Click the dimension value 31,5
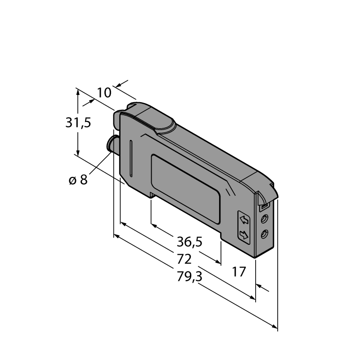[78, 122]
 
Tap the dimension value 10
[104, 93]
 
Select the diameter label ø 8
[78, 180]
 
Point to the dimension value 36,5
[189, 242]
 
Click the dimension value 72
[184, 259]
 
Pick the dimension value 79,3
[189, 276]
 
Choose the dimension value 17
[239, 272]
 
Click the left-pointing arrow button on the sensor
[244, 220]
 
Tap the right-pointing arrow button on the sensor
[243, 234]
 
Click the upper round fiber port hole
[265, 219]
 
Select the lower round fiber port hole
[265, 234]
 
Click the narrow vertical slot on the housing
[131, 158]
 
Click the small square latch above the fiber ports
[263, 207]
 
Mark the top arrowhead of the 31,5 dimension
[78, 92]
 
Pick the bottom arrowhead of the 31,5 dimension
[78, 153]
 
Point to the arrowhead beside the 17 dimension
[259, 286]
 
